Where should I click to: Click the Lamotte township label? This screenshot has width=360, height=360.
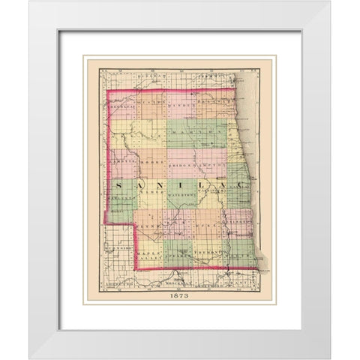(x=122, y=162)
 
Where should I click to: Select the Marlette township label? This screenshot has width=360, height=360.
(x=121, y=197)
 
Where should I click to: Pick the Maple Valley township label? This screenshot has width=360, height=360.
(x=148, y=256)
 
